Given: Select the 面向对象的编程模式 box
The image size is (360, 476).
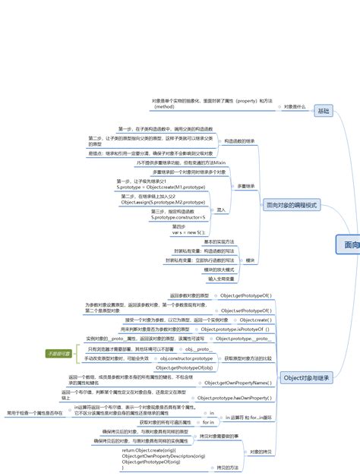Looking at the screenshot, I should [x=292, y=205].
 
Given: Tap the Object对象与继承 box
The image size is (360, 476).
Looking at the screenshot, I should [x=306, y=377].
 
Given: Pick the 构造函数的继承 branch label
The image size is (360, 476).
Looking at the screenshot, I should [x=238, y=141].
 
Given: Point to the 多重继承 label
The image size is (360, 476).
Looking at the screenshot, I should [x=245, y=185].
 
